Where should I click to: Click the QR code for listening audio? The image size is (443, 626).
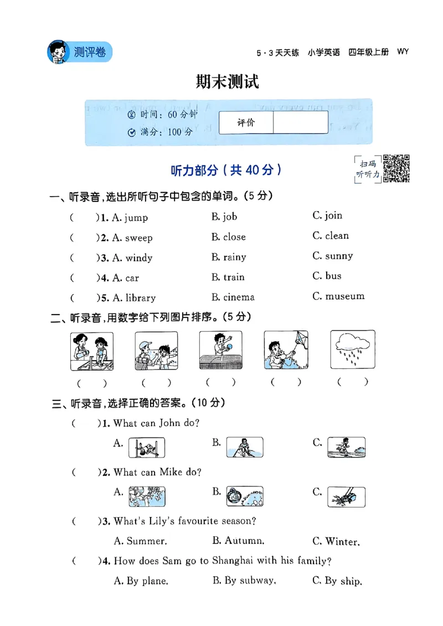[x=396, y=168]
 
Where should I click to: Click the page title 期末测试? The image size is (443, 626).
[x=228, y=83]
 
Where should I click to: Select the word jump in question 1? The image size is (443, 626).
[x=136, y=218]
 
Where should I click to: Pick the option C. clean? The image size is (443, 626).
[x=331, y=236]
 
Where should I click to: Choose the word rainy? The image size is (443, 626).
[x=234, y=257]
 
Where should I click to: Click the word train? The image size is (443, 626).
[x=234, y=277]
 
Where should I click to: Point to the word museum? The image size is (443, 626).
[x=345, y=296]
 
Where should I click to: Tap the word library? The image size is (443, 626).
[x=140, y=298]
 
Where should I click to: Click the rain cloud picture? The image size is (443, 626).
[x=352, y=350]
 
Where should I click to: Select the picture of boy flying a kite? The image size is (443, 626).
[x=286, y=350]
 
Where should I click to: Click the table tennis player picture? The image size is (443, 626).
[x=221, y=350]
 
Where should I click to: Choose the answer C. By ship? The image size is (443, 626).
[x=337, y=581]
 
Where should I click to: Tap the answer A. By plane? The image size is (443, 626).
[x=141, y=581]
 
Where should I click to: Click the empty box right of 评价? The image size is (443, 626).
[x=300, y=122]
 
